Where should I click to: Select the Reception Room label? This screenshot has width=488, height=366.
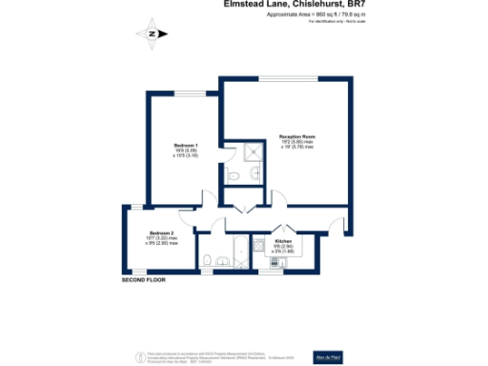(296, 139)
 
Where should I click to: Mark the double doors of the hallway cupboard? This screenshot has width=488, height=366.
(236, 207)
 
